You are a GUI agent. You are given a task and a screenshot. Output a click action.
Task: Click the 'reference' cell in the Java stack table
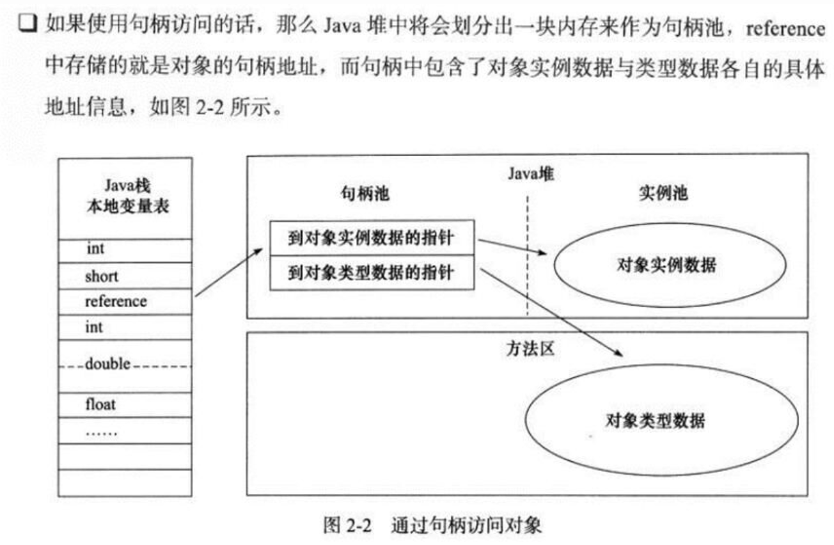[x=125, y=301]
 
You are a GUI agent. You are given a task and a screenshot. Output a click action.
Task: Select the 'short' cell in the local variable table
[x=125, y=276]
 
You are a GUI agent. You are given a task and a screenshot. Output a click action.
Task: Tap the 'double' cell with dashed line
[x=125, y=365]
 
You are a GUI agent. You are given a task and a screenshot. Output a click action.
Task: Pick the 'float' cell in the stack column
[x=125, y=404]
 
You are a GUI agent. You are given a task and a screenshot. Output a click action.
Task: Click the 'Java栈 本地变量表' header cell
[x=125, y=197]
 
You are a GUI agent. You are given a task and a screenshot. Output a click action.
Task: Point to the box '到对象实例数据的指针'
[x=371, y=238]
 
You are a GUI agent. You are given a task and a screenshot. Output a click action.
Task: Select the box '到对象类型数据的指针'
[x=371, y=273]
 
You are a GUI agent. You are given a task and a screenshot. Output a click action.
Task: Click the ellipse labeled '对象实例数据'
[x=665, y=265]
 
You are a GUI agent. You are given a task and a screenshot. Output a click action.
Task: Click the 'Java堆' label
[x=530, y=173]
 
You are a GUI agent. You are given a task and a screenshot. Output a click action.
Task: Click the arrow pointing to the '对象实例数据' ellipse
[x=512, y=248]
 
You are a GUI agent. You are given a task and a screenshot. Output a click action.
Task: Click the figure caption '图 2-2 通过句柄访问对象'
[x=433, y=526]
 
